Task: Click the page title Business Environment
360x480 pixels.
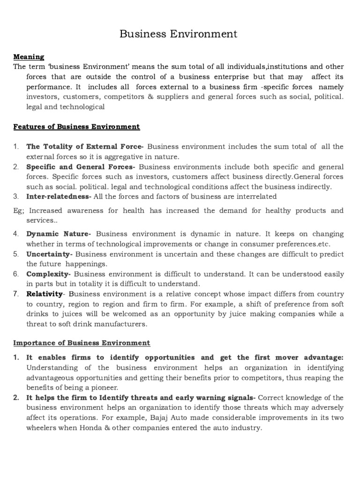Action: pyautogui.click(x=178, y=34)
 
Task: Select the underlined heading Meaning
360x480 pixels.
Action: pyautogui.click(x=29, y=57)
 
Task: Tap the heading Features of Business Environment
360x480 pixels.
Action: pyautogui.click(x=76, y=127)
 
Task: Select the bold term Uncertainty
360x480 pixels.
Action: pyautogui.click(x=49, y=254)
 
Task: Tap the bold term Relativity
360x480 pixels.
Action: pyautogui.click(x=45, y=294)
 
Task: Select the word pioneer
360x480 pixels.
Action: pyautogui.click(x=104, y=387)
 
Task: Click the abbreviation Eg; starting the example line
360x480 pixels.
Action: pyautogui.click(x=19, y=210)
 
